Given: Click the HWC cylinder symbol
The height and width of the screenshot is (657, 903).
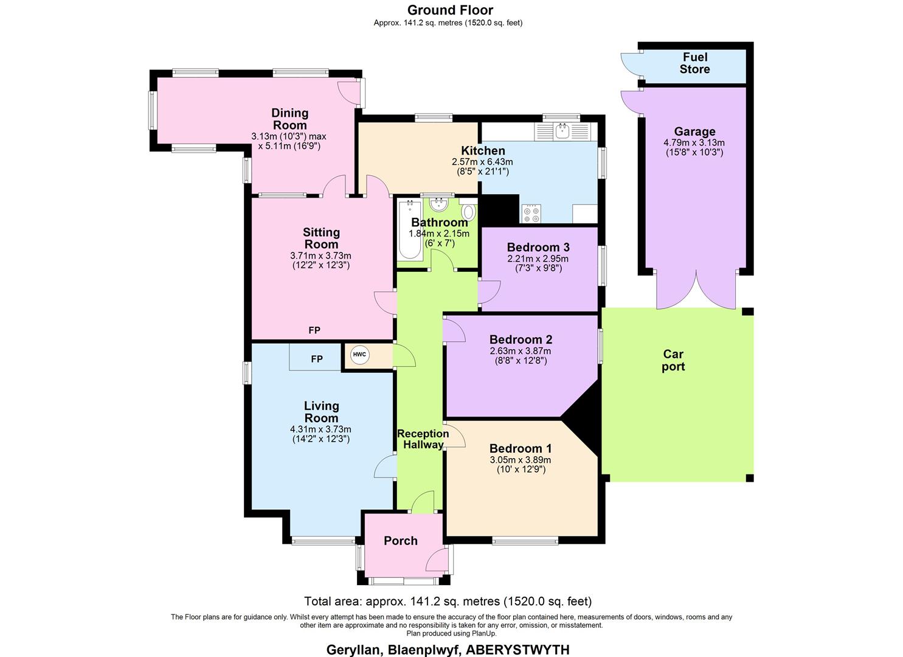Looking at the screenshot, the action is (x=359, y=355).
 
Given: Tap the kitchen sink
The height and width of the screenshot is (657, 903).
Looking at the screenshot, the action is (x=562, y=131).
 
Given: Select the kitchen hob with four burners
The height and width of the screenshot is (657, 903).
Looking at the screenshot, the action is (x=531, y=214).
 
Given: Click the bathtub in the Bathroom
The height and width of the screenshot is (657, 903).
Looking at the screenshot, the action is (x=410, y=230).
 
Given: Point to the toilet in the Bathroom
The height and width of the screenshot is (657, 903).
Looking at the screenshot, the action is (x=469, y=210).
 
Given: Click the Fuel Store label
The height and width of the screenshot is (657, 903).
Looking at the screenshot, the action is (x=694, y=63).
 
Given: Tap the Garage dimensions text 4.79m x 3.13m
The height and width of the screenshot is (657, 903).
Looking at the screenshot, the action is (x=694, y=143).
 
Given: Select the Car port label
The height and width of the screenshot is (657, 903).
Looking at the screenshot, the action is (x=673, y=360).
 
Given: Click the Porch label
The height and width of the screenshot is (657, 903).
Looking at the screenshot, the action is (x=400, y=541).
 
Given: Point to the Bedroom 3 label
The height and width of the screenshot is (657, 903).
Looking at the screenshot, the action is (x=538, y=247).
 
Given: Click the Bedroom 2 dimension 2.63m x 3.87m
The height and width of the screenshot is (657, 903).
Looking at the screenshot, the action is (x=521, y=351).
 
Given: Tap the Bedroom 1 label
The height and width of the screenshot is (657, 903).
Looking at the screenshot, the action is (x=521, y=448).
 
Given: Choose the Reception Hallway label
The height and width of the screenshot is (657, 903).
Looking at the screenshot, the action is (x=423, y=439).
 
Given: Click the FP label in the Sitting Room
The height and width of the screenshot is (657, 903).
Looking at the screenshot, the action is (x=314, y=330).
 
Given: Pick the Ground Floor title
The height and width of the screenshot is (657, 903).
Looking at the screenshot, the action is (x=451, y=10).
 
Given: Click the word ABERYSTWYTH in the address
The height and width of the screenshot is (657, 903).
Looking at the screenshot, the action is (x=517, y=650).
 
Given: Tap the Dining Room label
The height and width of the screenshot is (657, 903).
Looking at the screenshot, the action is (x=290, y=119).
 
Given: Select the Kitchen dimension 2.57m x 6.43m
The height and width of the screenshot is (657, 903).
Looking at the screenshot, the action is (x=483, y=162).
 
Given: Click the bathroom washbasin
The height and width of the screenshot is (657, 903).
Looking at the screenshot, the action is (x=438, y=204).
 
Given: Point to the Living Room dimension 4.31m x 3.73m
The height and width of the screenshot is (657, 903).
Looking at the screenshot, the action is (x=320, y=429).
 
